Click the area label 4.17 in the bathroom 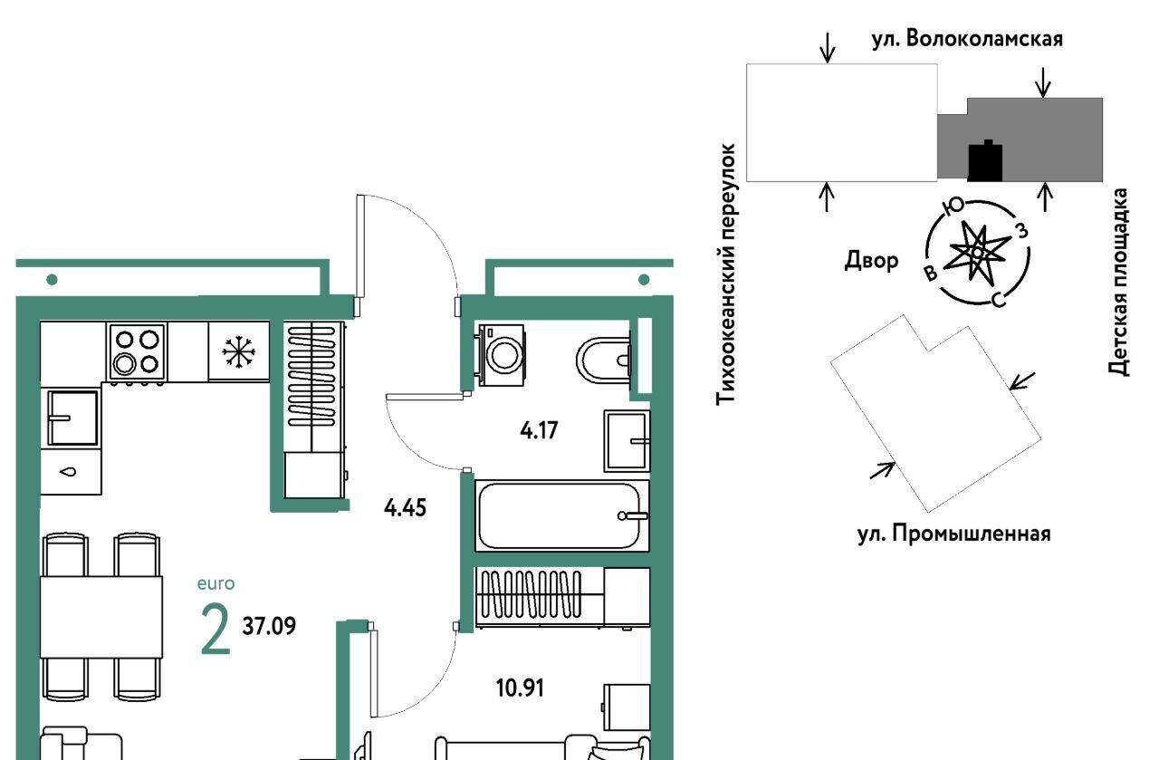(539, 430)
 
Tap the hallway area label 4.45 (405, 508)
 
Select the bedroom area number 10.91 (520, 688)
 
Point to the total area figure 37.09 (269, 626)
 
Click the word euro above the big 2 (216, 583)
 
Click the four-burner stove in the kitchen (137, 352)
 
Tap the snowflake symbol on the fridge (238, 352)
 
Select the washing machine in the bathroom (501, 355)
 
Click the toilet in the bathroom (604, 361)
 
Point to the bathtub (561, 515)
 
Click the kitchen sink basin (72, 418)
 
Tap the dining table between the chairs (101, 617)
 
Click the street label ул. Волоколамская (967, 39)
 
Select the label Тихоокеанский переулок (725, 274)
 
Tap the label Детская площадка (1118, 282)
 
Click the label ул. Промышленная (954, 534)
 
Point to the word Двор (871, 260)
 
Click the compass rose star (977, 253)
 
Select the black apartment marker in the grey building (984, 161)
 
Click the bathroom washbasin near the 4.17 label (627, 441)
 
